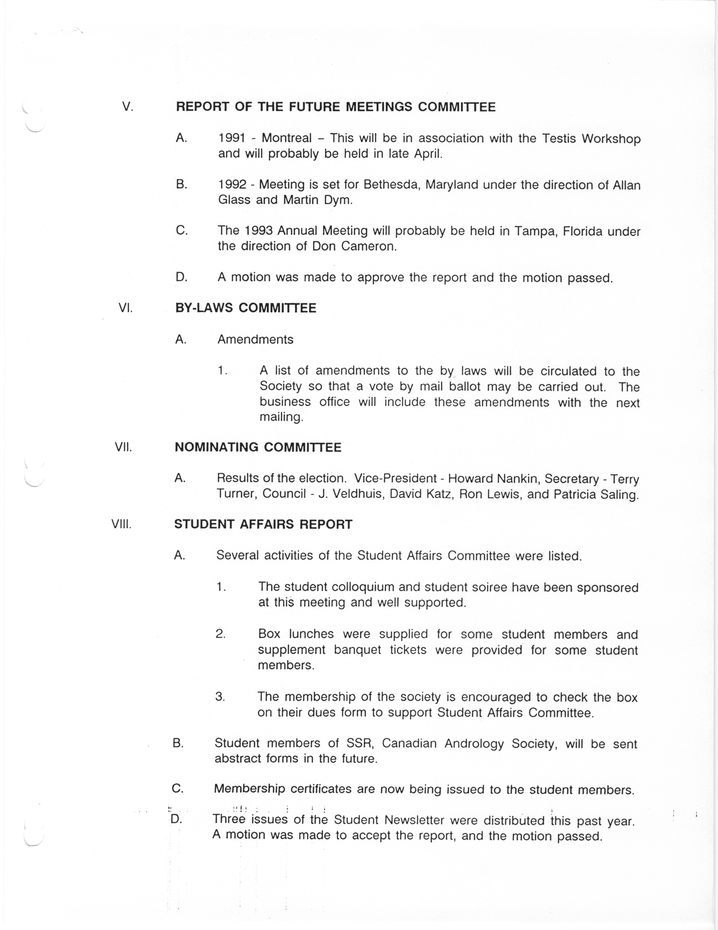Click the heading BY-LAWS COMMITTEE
pos(245,308)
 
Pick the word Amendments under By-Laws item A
pos(255,339)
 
